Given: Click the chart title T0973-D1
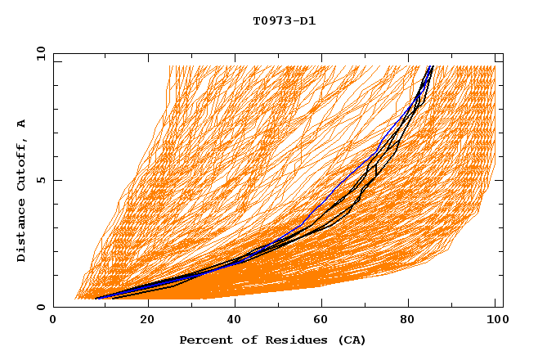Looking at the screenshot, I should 284,20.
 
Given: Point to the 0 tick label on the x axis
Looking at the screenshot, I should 53,322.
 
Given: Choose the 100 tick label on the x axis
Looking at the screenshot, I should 495,322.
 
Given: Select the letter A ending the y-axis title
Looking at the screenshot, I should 22,124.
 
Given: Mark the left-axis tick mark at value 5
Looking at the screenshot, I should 56,180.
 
